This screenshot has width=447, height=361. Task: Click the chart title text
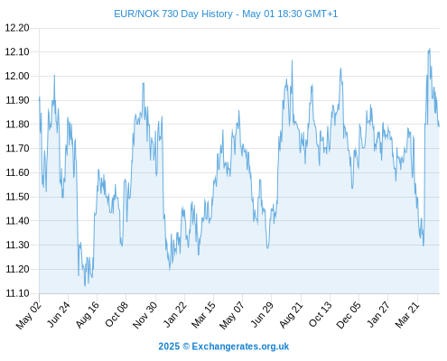(x=226, y=14)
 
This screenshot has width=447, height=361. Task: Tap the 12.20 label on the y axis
(x=17, y=28)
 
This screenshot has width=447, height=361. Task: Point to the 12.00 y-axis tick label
(x=17, y=76)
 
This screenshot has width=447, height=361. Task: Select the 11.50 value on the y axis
(x=17, y=197)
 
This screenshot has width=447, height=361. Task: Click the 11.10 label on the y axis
(x=17, y=293)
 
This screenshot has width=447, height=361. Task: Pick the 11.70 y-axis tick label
(x=17, y=148)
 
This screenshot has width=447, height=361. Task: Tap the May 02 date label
(x=28, y=315)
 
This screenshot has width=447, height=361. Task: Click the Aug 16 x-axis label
(x=87, y=315)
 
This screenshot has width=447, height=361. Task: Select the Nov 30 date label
(x=144, y=315)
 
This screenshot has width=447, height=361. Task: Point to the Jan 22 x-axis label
(x=174, y=314)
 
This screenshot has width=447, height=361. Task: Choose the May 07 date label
(x=231, y=315)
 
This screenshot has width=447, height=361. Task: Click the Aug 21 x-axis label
(x=291, y=315)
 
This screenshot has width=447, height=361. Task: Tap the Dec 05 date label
(x=349, y=315)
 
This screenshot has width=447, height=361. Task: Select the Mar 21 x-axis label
(x=407, y=315)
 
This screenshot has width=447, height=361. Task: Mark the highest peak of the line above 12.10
(x=430, y=49)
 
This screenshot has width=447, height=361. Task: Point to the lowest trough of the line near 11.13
(x=85, y=285)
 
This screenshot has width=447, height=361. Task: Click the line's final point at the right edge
(x=439, y=126)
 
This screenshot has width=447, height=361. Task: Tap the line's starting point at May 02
(x=40, y=97)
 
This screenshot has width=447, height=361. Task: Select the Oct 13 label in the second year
(x=320, y=315)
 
